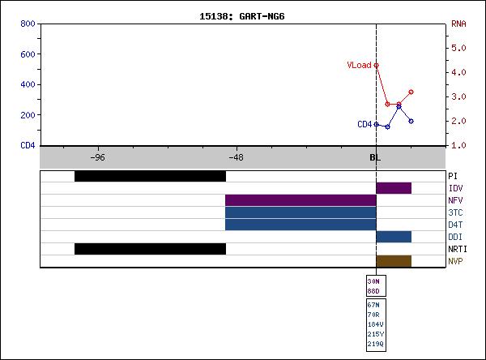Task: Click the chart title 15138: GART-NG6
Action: pos(243,15)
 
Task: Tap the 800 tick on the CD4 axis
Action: pos(27,24)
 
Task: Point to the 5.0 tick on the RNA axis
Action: pos(459,48)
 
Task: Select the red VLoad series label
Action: pos(359,65)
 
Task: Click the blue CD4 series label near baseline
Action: pos(364,124)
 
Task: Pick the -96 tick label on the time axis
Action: pos(96,157)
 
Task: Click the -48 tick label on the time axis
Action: pos(236,157)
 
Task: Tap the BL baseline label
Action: pos(375,157)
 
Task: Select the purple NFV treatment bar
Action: pos(301,200)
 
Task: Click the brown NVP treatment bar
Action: pos(394,261)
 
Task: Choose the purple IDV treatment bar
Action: pos(394,188)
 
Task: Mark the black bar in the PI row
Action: pos(150,176)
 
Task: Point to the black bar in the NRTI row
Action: pos(150,249)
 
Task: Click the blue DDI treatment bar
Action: pos(394,237)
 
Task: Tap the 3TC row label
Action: pos(455,212)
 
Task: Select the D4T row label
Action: pos(455,225)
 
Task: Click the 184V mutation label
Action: pos(376,324)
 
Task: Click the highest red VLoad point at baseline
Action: pos(377,65)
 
